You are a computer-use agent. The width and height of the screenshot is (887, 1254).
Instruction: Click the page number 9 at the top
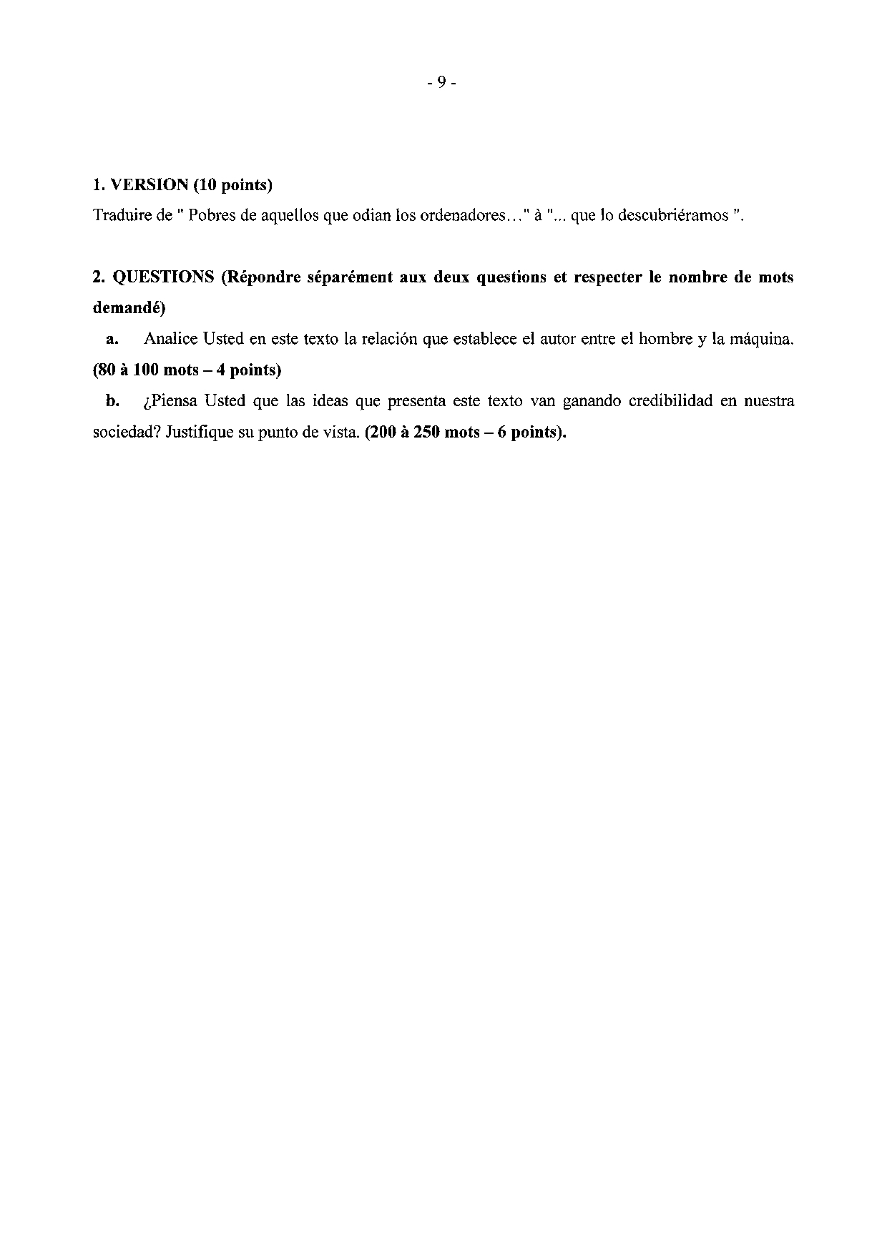tap(442, 83)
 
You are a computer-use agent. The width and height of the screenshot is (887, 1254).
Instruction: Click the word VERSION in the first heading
tap(147, 184)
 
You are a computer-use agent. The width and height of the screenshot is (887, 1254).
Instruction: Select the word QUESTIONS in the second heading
tap(164, 277)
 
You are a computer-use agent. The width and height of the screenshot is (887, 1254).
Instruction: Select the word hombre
tap(665, 340)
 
